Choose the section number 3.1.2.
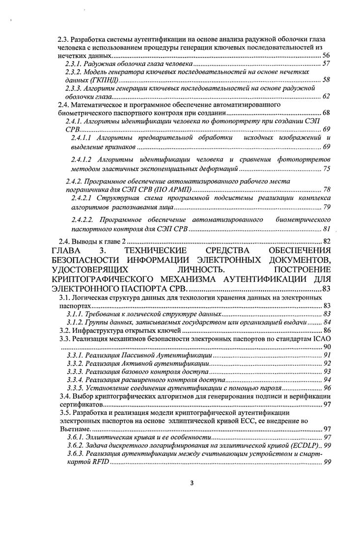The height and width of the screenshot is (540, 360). pos(74,323)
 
